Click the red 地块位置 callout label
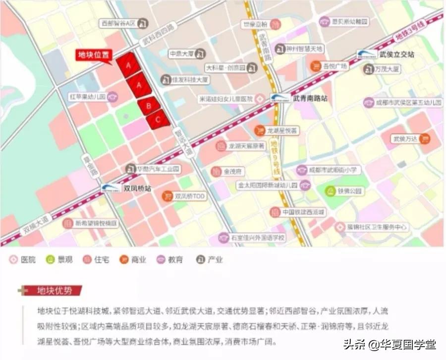[93, 55]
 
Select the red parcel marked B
[148, 105]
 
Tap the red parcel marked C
[158, 119]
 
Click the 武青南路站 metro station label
[310, 99]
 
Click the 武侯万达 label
[405, 140]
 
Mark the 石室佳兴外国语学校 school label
[258, 238]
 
